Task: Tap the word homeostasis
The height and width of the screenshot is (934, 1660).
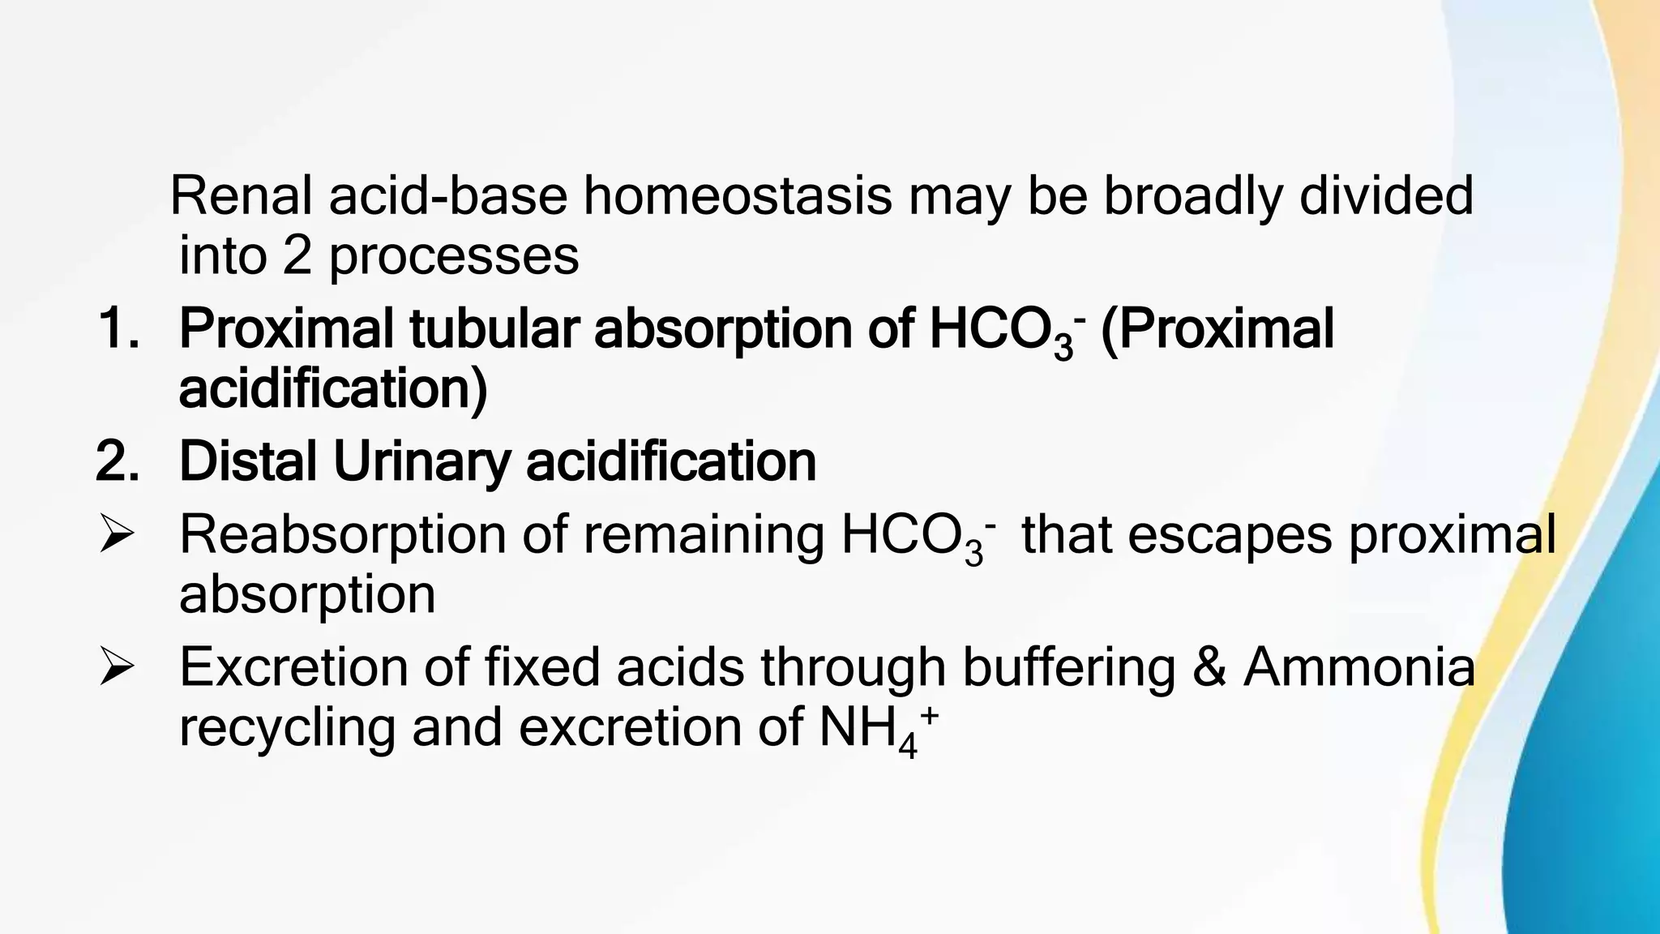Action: click(737, 196)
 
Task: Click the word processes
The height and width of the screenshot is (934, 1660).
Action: click(454, 258)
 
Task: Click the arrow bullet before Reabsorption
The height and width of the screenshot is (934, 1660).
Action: click(116, 536)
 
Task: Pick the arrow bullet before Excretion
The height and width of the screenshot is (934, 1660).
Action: click(116, 669)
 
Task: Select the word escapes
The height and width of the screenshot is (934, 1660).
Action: click(1229, 535)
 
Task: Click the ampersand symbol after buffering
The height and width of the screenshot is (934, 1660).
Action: click(1209, 668)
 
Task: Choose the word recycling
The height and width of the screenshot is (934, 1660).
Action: click(287, 728)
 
